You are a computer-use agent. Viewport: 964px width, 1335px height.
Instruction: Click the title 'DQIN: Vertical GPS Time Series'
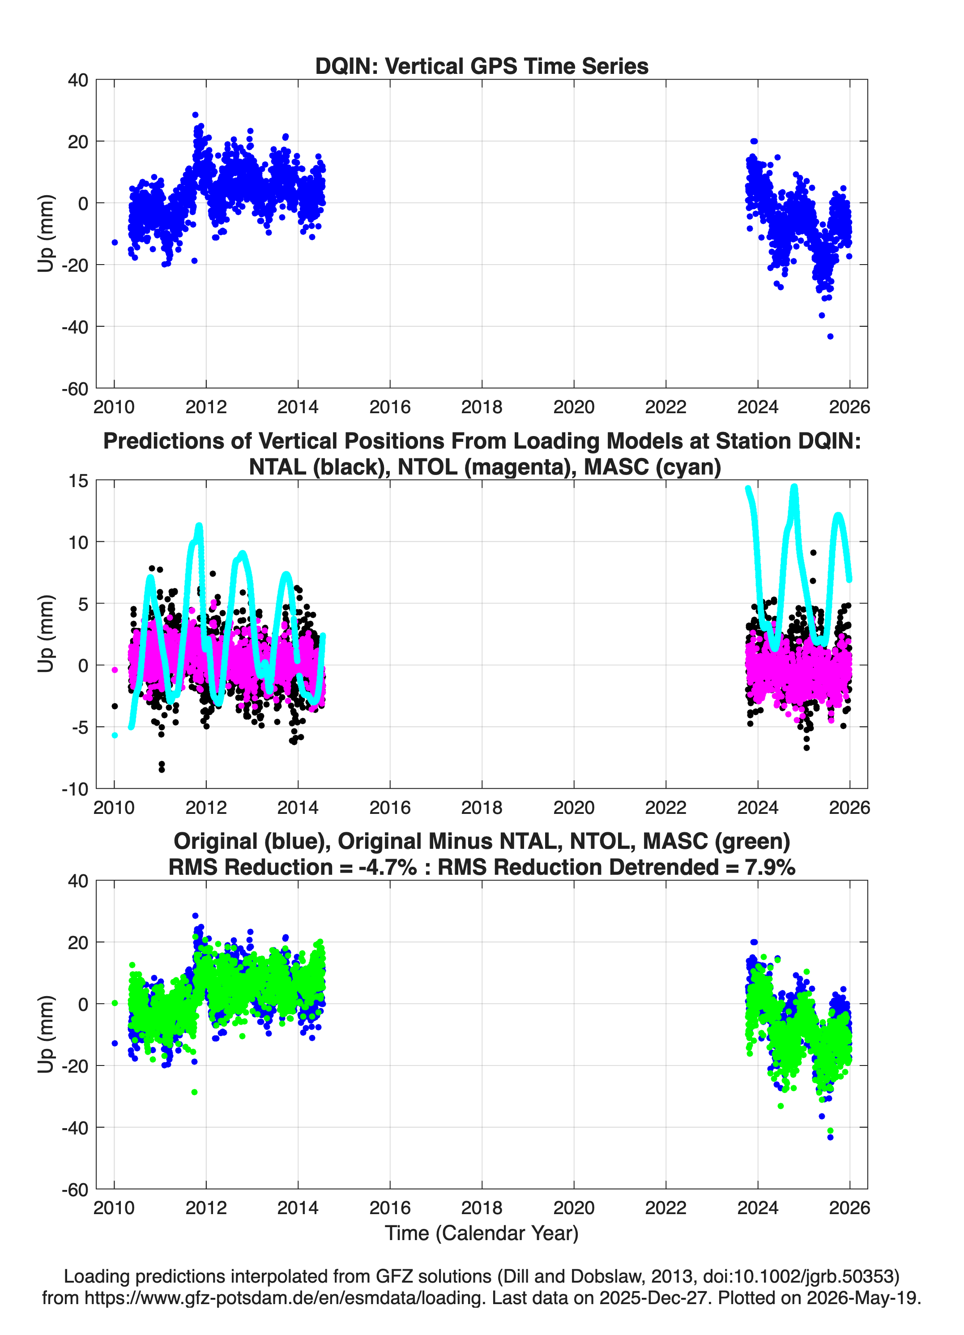482,66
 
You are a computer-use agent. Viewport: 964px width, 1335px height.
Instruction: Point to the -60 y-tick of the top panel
75,389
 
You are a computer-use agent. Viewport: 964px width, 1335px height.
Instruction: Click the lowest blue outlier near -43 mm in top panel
830,337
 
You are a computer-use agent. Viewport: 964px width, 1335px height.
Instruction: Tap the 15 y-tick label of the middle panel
78,481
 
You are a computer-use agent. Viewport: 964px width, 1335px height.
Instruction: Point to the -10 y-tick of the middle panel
75,789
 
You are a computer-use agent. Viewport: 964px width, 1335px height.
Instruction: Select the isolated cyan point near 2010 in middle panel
115,735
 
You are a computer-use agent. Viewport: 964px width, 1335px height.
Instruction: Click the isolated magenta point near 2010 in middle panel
115,670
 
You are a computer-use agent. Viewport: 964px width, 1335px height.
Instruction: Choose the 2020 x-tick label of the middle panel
574,808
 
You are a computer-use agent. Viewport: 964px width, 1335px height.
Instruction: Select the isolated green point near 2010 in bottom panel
115,1003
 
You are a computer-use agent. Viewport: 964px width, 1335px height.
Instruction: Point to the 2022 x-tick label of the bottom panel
665,1208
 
